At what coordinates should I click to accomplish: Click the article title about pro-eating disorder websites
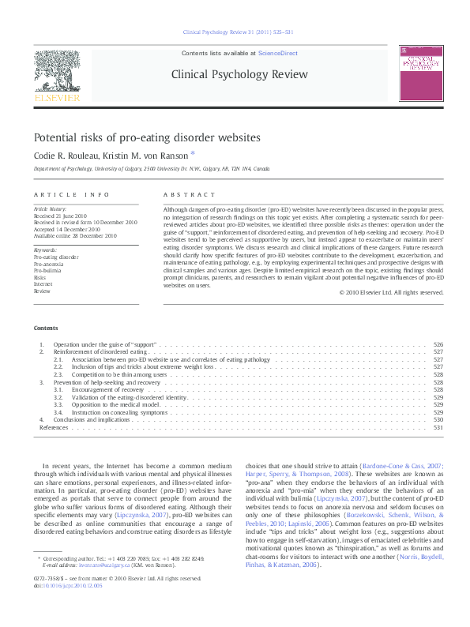point(146,137)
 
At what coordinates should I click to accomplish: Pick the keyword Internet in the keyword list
point(44,284)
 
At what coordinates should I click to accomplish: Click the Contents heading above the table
point(45,328)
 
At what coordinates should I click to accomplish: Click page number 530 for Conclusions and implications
point(438,419)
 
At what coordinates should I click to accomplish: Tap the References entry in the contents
point(54,427)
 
